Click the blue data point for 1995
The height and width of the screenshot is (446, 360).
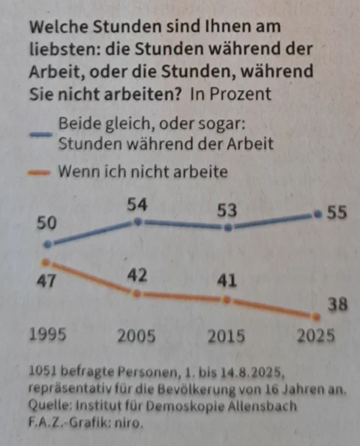(x=49, y=244)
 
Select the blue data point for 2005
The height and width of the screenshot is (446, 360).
(x=138, y=222)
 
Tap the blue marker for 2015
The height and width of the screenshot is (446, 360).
(x=228, y=228)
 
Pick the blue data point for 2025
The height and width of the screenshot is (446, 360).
(x=318, y=214)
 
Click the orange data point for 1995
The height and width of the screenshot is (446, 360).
(x=45, y=262)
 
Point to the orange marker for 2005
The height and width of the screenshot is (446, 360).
(x=137, y=293)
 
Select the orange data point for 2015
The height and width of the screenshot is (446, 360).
(x=227, y=300)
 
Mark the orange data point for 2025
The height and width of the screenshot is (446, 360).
(x=316, y=317)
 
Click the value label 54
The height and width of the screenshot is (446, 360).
(x=137, y=205)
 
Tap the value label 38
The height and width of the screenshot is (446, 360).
(x=338, y=304)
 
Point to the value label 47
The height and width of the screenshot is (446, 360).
(x=47, y=281)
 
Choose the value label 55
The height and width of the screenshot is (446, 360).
(x=337, y=213)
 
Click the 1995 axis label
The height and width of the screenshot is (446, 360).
(x=48, y=334)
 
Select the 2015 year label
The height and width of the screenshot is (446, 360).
(x=226, y=336)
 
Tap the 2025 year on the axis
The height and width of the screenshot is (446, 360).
(x=315, y=336)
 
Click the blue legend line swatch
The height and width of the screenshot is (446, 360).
(x=41, y=134)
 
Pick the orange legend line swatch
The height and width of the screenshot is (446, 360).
(x=39, y=172)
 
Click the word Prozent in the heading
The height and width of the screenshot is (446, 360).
(x=240, y=94)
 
